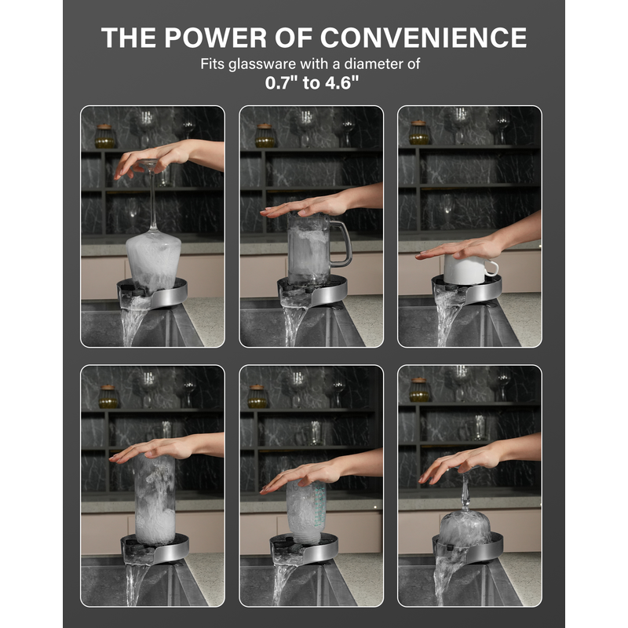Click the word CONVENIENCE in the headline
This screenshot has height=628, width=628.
click(x=423, y=38)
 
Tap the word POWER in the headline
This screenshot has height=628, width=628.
click(x=214, y=38)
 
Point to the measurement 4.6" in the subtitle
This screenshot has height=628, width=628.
click(x=341, y=82)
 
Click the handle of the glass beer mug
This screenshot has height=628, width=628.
click(x=341, y=243)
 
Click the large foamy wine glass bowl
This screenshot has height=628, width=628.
click(x=153, y=260)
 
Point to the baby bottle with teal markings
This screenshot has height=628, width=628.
click(x=306, y=512)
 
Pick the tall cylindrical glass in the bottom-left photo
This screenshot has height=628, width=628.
click(x=155, y=500)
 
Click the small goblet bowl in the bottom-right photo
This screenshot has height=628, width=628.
click(x=465, y=528)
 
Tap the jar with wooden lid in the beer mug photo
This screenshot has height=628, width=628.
click(x=265, y=136)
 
